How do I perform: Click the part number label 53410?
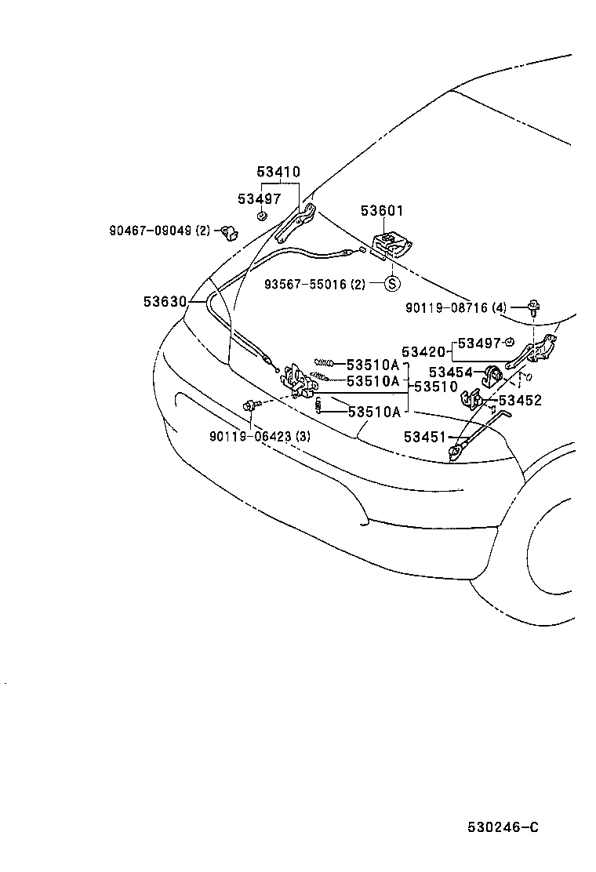(278, 173)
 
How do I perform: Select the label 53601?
(382, 210)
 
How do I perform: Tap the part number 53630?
(165, 301)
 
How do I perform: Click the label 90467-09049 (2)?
(160, 231)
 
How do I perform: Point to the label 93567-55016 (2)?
(314, 284)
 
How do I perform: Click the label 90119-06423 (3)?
(260, 437)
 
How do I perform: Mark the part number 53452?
(520, 400)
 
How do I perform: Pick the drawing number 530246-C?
(503, 828)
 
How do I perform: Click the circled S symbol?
(392, 284)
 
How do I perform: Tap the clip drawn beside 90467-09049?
(230, 231)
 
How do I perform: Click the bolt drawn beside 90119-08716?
(534, 307)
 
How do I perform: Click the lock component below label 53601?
(390, 245)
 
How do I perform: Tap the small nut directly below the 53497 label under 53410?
(262, 216)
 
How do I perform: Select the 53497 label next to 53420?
(478, 343)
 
